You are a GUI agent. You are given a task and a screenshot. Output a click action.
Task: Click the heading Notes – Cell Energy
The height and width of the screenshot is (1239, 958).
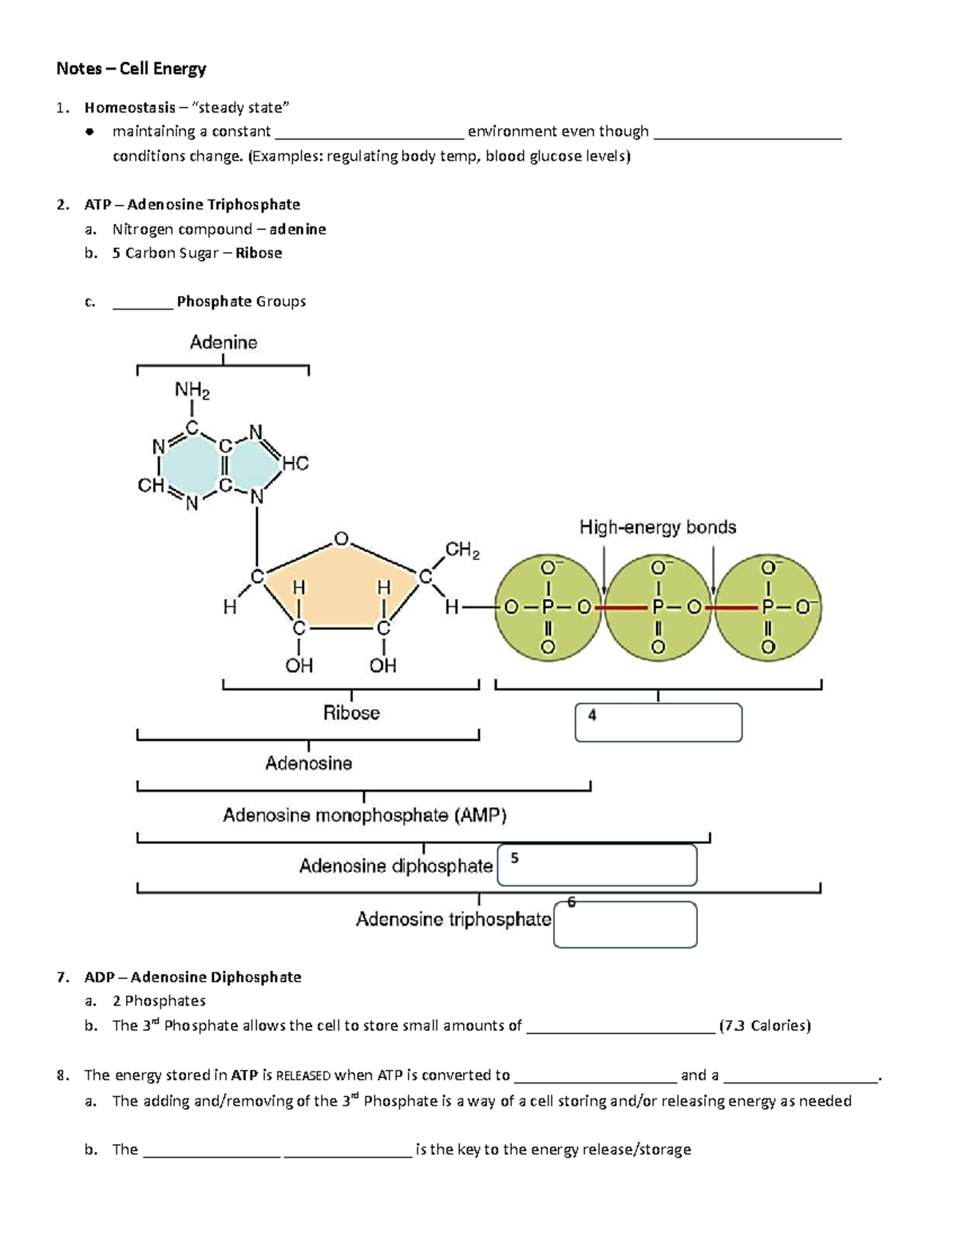click(x=131, y=69)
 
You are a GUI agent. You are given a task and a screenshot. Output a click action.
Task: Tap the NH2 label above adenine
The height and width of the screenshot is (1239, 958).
click(x=192, y=391)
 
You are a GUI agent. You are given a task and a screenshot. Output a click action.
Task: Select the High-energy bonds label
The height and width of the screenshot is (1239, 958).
click(x=657, y=527)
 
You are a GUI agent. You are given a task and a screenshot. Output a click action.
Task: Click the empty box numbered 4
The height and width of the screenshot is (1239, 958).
click(x=659, y=723)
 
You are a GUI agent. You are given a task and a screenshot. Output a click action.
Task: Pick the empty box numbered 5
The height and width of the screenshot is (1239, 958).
click(x=597, y=866)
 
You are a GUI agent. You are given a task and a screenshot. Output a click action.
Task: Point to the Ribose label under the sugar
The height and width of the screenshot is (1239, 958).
click(x=351, y=712)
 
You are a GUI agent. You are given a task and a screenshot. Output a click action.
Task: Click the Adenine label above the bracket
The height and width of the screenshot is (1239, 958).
click(x=224, y=342)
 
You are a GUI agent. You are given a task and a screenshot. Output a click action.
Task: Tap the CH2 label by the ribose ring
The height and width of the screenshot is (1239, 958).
click(x=462, y=550)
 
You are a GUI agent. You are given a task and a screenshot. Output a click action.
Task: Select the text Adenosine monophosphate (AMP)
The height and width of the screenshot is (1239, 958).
click(x=364, y=815)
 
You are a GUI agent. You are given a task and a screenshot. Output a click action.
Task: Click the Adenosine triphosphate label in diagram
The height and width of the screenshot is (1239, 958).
click(x=453, y=919)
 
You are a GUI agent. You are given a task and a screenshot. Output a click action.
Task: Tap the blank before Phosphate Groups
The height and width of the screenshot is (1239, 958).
click(x=143, y=302)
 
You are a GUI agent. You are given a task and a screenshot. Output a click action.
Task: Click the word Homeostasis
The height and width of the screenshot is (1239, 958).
click(x=130, y=108)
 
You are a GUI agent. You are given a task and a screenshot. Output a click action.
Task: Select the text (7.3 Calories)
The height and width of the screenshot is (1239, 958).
click(x=765, y=1026)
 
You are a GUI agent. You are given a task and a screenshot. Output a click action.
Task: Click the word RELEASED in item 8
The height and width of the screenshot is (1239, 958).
click(x=303, y=1075)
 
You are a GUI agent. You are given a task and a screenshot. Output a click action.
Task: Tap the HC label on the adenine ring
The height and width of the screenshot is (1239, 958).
click(x=295, y=464)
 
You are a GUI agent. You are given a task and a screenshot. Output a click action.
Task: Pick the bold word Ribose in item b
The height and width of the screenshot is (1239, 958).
click(x=259, y=253)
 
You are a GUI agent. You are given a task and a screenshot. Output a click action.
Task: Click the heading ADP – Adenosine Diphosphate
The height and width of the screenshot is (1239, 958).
click(x=192, y=977)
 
